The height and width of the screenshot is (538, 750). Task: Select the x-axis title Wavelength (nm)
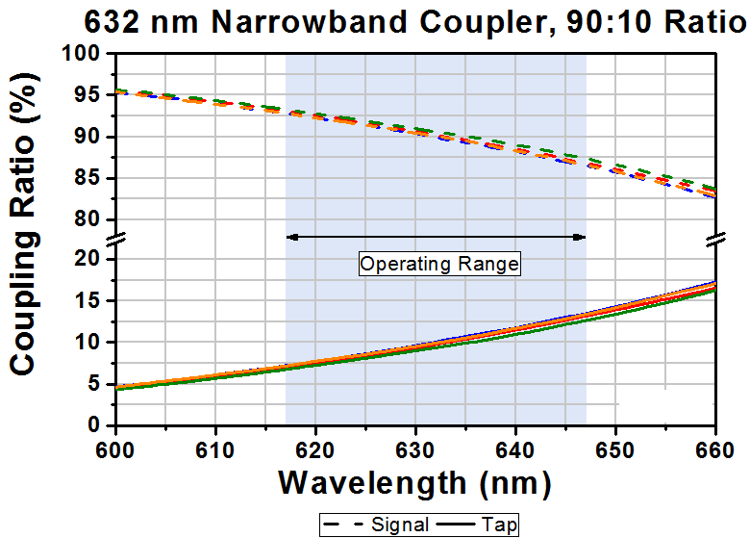(x=414, y=481)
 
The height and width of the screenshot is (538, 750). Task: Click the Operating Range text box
(x=439, y=264)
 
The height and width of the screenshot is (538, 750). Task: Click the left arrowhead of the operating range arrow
(x=290, y=236)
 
